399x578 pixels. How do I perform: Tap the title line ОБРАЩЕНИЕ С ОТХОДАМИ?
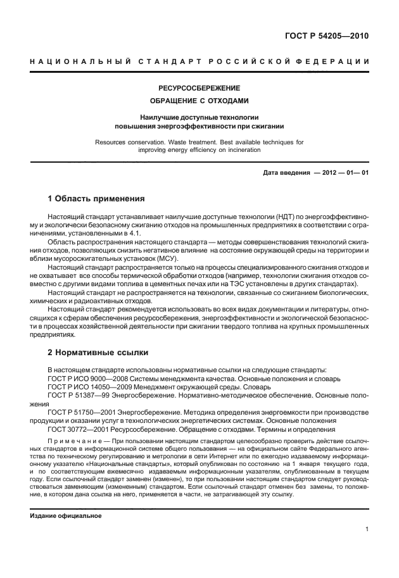tap(199, 101)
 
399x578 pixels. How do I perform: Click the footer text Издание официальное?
tap(66, 516)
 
